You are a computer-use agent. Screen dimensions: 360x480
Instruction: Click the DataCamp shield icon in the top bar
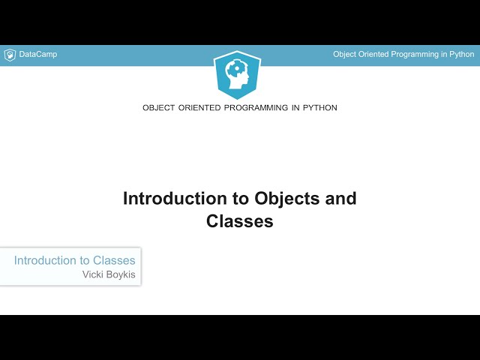point(10,55)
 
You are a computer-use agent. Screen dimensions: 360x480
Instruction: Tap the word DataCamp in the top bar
point(37,55)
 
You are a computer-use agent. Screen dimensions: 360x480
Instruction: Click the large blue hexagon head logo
point(239,74)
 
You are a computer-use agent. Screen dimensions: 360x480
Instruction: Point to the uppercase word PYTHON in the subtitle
point(320,108)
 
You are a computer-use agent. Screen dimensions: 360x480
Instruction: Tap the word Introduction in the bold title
point(175,199)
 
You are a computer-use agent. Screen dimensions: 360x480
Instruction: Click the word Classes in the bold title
point(240,221)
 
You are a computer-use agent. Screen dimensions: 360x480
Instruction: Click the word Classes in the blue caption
point(114,261)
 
